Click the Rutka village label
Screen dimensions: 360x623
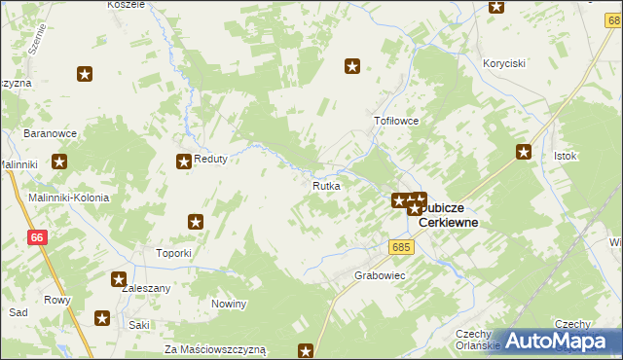[x=326, y=185]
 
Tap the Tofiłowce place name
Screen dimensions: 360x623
[x=396, y=122]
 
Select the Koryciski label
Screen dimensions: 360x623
[x=504, y=63]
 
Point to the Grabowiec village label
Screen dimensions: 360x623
[x=380, y=275]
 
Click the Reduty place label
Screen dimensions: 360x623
[x=210, y=161]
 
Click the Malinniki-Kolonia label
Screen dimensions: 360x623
[x=68, y=198]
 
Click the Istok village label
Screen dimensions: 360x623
[x=566, y=156]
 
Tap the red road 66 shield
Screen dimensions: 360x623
[x=37, y=237]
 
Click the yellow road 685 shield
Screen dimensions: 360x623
[x=404, y=247]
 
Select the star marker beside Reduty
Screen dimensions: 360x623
[x=182, y=162]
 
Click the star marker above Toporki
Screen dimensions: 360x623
[x=196, y=222]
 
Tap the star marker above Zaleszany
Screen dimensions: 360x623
[x=119, y=279]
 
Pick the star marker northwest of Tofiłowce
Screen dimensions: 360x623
[x=352, y=66]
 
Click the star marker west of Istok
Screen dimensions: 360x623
[x=524, y=151]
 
